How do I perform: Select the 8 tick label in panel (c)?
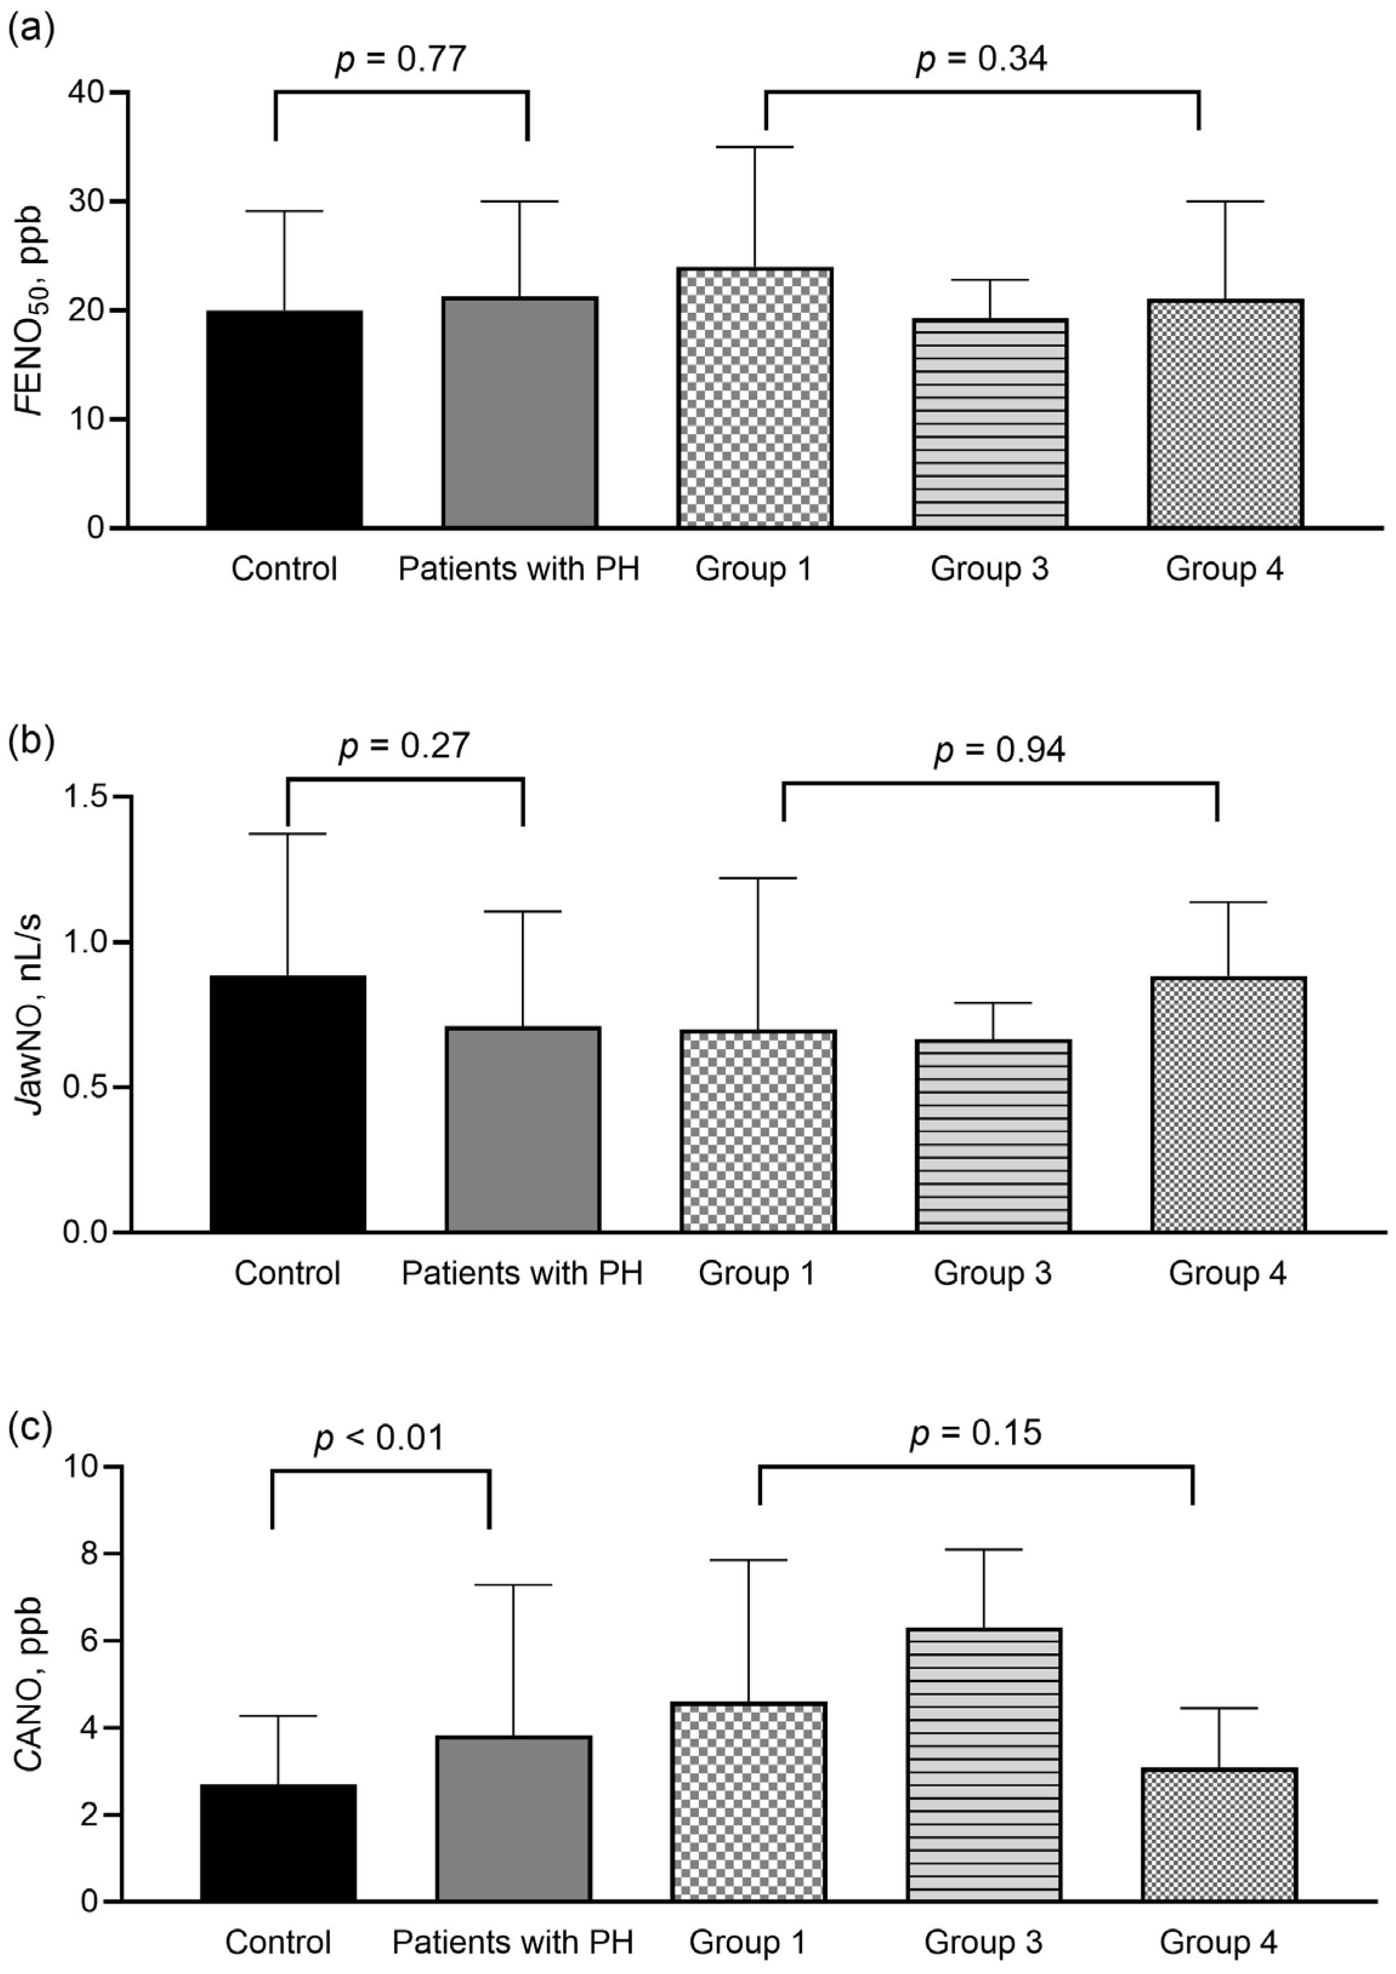pyautogui.click(x=89, y=1554)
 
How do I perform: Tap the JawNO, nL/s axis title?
pyautogui.click(x=33, y=1015)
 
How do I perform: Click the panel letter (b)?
pyautogui.click(x=31, y=741)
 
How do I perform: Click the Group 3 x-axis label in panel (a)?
pyautogui.click(x=989, y=569)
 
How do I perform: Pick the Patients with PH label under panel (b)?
pyautogui.click(x=522, y=1274)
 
